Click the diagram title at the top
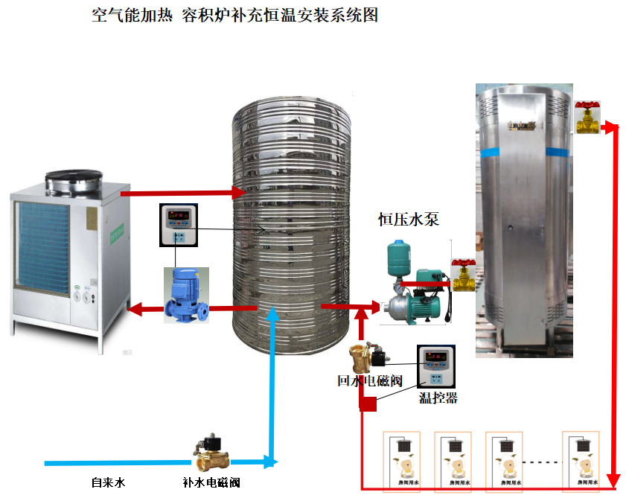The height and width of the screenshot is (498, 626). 235,15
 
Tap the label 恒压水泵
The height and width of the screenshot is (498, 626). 409,219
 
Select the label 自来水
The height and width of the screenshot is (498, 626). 108,483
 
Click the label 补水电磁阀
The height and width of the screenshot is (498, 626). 211,483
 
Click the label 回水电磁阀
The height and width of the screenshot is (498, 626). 369,381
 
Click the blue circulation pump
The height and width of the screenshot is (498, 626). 186,295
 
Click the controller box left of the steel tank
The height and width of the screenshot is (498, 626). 179,224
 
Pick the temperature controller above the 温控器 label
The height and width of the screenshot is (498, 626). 435,367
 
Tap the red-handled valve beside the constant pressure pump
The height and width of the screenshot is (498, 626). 464,276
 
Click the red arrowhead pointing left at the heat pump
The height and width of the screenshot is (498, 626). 133,307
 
